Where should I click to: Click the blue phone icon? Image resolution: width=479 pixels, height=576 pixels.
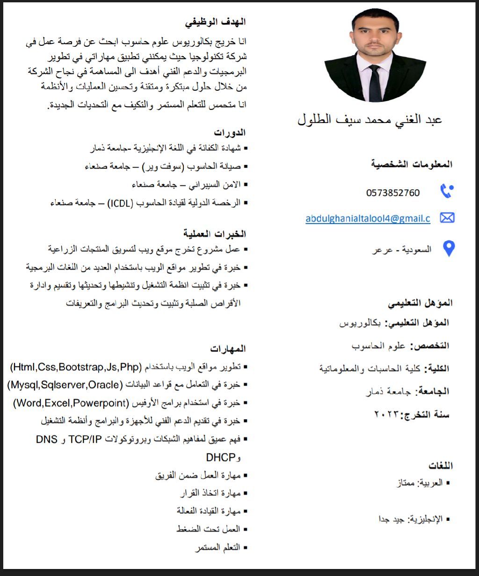447,191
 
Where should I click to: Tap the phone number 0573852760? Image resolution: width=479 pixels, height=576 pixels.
393,193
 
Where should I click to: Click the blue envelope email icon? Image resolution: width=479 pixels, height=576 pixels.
447,218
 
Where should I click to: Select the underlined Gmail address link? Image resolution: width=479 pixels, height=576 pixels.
368,218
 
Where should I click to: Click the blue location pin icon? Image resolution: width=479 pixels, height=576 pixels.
449,249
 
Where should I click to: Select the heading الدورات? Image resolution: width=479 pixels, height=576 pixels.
230,133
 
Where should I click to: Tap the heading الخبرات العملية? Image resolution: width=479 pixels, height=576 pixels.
215,233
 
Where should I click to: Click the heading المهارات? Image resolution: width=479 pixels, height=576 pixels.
228,349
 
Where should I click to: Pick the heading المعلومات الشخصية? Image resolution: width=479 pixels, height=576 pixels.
412,164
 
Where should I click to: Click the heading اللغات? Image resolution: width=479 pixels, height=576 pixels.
441,466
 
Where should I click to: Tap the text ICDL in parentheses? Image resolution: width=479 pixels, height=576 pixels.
121,202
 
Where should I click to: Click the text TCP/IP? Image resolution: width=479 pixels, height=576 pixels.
85,439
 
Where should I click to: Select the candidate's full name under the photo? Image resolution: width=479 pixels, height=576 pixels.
370,120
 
